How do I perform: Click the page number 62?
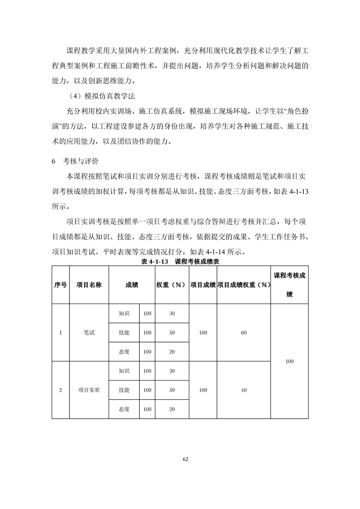[185, 459]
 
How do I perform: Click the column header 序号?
[60, 285]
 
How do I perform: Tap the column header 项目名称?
[89, 285]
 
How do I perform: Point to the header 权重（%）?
[171, 285]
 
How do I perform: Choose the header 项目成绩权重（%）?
[244, 285]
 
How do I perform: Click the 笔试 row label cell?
[89, 333]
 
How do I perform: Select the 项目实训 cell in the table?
[89, 390]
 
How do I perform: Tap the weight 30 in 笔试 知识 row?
[172, 313]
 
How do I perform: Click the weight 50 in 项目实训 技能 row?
[172, 390]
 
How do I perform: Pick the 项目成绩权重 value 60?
[244, 333]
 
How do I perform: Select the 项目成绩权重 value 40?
[244, 390]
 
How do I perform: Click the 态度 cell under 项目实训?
[124, 409]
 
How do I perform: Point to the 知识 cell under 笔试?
[124, 313]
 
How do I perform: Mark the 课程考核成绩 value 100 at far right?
[290, 361]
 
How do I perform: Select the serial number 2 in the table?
[60, 390]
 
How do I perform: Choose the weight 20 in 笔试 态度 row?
[172, 352]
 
